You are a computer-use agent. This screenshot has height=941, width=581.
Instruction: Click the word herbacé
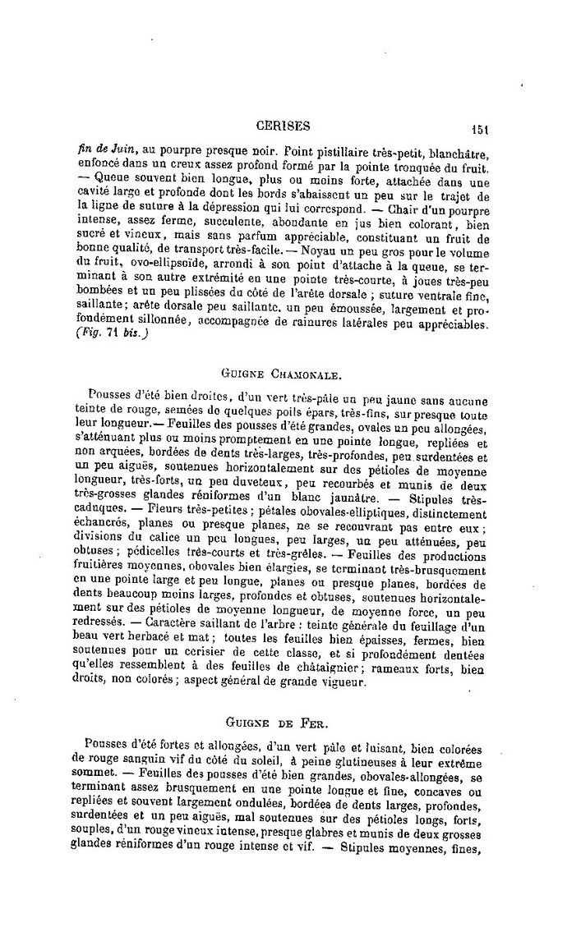point(165,640)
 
